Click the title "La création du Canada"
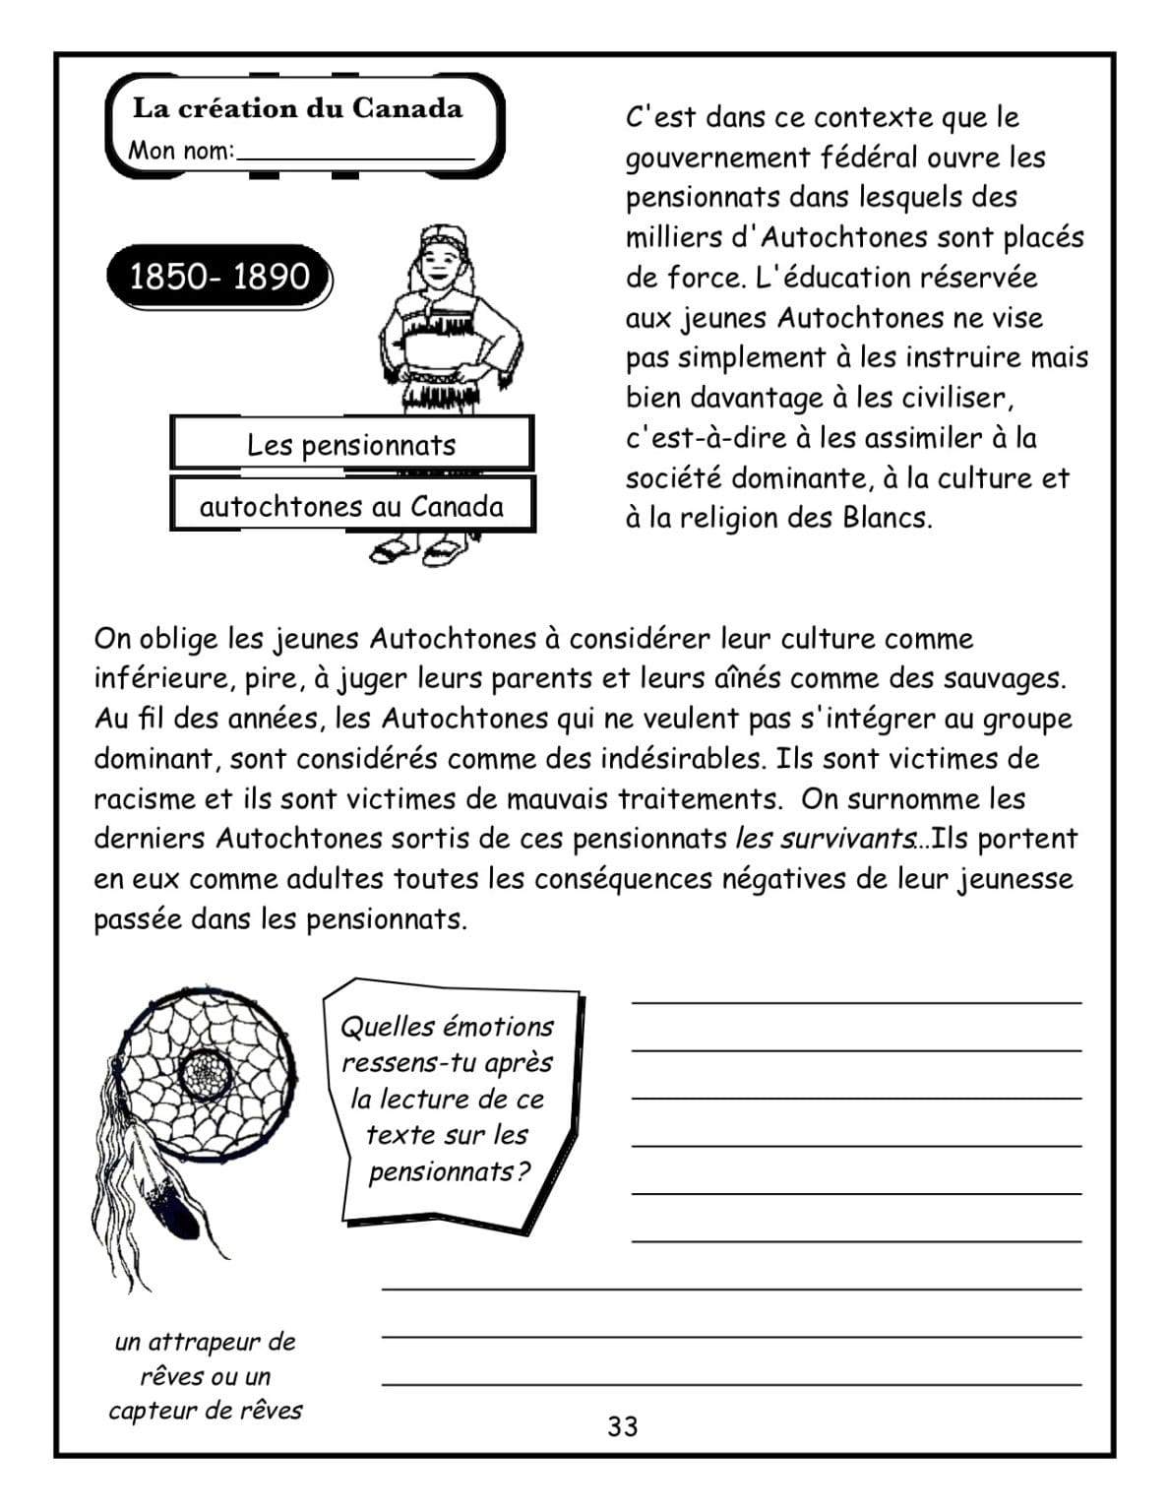coord(297,108)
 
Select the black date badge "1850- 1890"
coord(219,277)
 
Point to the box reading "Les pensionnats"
coord(351,445)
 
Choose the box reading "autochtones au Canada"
coord(351,507)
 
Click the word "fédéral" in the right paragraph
coord(871,157)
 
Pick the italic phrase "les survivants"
coord(825,839)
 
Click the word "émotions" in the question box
coord(497,1027)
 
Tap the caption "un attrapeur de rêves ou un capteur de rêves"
coord(205,1375)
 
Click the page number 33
coord(622,1426)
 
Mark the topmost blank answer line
coord(856,1000)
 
